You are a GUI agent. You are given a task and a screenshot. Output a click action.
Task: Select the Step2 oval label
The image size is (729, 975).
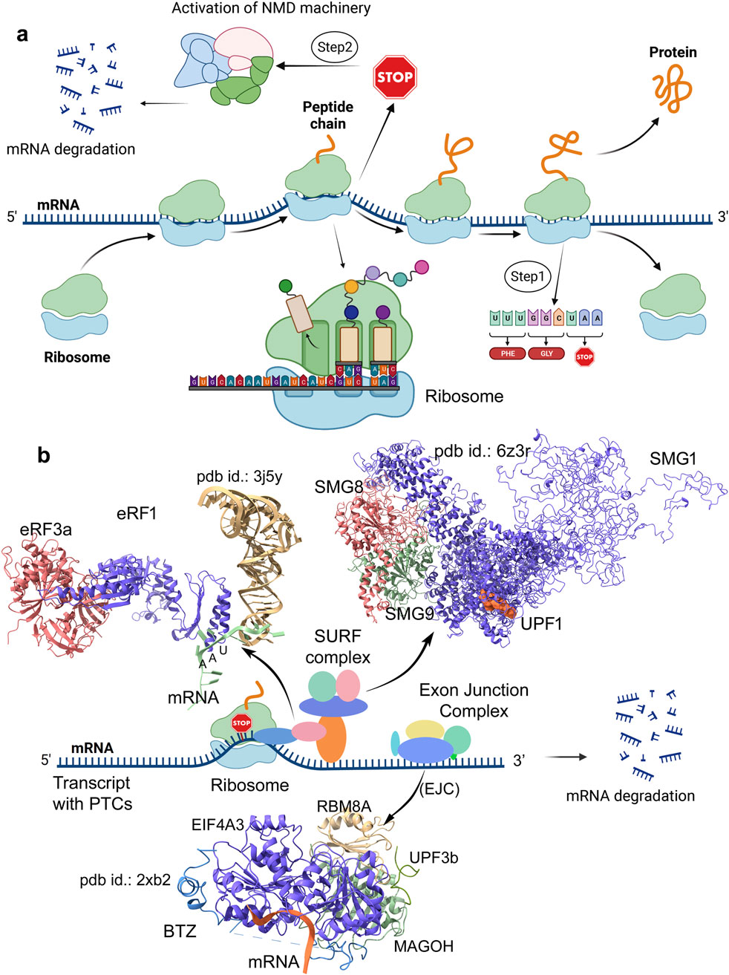coord(336,48)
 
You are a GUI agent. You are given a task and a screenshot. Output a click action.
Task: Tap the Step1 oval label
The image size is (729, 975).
coord(527,276)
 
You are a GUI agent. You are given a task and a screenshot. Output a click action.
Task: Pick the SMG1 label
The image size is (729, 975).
coord(672,459)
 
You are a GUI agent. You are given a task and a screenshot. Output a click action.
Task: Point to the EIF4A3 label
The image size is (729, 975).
coord(217,824)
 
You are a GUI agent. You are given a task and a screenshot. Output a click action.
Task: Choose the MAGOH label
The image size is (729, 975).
coord(423,945)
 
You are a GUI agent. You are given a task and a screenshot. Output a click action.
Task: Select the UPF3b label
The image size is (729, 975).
coord(434,858)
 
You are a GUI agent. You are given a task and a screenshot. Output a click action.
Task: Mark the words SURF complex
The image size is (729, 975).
coord(338,646)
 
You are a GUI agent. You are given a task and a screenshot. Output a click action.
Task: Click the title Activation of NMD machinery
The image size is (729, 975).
coord(271,9)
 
